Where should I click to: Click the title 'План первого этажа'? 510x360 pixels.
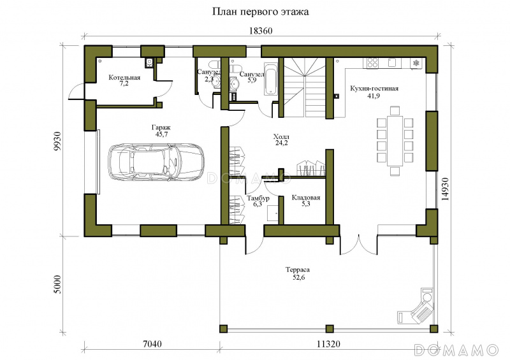(261, 12)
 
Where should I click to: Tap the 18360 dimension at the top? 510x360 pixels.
(261, 31)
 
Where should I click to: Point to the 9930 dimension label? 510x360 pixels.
(57, 141)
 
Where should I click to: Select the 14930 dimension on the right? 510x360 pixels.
(444, 189)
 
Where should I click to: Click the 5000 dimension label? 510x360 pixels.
(57, 285)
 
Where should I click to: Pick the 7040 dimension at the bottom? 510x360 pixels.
(152, 343)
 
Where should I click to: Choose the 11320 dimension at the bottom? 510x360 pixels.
(328, 343)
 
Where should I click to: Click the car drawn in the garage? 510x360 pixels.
(155, 161)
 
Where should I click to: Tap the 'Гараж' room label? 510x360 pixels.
(161, 127)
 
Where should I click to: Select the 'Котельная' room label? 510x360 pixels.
(124, 77)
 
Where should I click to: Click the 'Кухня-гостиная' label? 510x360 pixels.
(374, 88)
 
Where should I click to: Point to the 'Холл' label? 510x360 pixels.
(281, 136)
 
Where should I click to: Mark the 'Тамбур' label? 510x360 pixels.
(258, 198)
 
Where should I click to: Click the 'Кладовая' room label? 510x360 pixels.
(306, 198)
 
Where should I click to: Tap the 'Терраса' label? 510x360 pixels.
(298, 270)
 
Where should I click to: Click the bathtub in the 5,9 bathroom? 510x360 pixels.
(270, 78)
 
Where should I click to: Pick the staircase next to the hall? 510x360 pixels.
(305, 87)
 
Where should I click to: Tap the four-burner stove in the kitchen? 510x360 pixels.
(372, 62)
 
